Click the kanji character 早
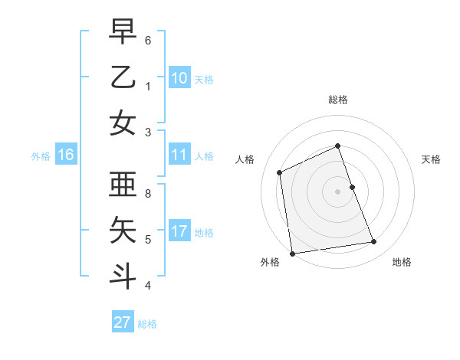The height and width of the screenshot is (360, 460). pos(123,33)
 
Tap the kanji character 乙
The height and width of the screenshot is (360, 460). pos(123,77)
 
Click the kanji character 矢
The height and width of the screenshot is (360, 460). pos(123,229)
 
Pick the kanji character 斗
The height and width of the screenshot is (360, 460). pos(123,273)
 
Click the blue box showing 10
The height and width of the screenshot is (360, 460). pos(179,78)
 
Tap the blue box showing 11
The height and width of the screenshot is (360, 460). pos(179,155)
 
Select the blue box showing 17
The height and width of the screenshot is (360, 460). pos(179,231)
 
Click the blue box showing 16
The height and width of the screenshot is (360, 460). pos(66,155)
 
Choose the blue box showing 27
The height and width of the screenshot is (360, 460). pos(123,322)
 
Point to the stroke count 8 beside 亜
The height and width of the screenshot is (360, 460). pos(148,194)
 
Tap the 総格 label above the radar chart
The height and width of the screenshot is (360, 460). pos(337,100)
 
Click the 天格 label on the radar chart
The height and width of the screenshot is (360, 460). pos(431,159)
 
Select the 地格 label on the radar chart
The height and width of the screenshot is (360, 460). pos(402,262)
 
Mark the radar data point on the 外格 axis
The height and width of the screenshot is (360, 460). pos(292,254)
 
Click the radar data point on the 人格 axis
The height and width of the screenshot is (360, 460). pos(280,172)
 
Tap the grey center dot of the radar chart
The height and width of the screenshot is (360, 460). pos(337,191)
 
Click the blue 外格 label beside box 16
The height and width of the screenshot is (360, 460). pos(41,156)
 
